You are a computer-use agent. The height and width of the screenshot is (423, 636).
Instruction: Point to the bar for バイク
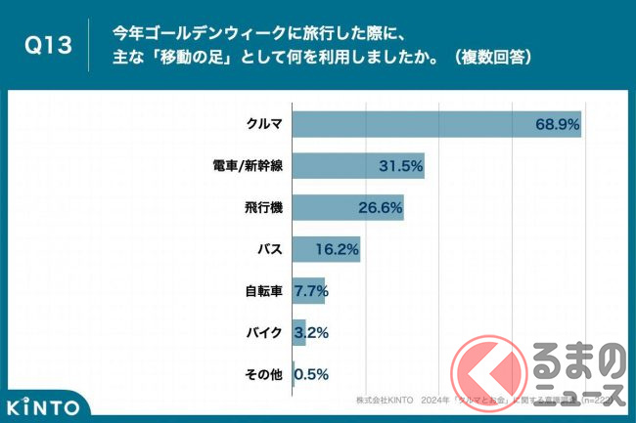[299, 332]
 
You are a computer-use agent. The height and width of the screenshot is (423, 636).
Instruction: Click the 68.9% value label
[557, 125]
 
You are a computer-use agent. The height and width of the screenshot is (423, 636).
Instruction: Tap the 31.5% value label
[400, 167]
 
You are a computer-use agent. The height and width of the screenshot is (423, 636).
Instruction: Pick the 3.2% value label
[310, 333]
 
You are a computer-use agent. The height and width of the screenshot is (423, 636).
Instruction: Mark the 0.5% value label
[311, 374]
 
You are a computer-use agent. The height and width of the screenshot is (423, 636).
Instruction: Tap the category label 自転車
[263, 291]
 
